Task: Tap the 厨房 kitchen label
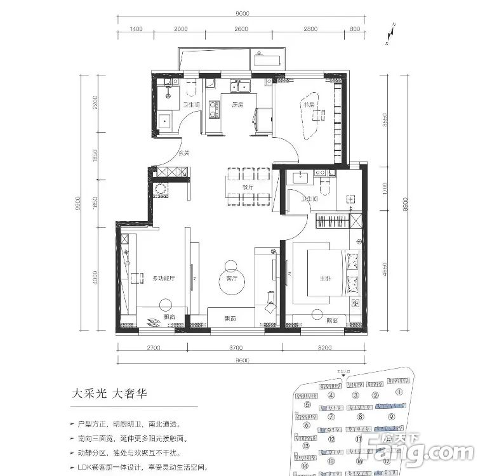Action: [237, 105]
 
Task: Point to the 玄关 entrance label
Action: [184, 152]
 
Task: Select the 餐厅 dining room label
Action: [248, 188]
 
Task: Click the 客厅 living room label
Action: [232, 278]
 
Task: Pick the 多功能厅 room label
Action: [164, 278]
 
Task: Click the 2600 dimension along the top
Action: [241, 29]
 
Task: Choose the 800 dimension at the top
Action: [354, 29]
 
